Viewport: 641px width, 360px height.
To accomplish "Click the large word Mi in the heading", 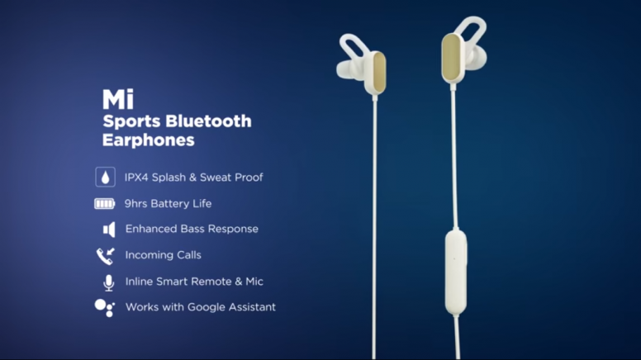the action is pos(118,99).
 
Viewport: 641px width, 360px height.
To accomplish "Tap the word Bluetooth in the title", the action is pos(208,121).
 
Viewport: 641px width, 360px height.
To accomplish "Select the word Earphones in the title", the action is pos(149,140).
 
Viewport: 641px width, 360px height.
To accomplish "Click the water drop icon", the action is pos(106,177).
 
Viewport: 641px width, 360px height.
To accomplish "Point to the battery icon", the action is pos(105,203).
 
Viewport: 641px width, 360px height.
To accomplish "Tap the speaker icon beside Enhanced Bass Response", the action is pos(109,230).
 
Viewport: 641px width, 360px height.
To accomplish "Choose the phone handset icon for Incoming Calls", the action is pos(106,256).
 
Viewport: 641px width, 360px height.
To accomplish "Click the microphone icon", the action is pos(109,282).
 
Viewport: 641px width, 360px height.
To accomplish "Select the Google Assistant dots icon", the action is pos(105,308).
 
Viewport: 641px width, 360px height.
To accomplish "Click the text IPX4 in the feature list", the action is pos(136,178).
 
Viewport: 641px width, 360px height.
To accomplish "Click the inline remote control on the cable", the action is pos(456,272).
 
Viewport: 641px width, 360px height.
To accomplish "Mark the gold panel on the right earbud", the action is pos(451,57).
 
